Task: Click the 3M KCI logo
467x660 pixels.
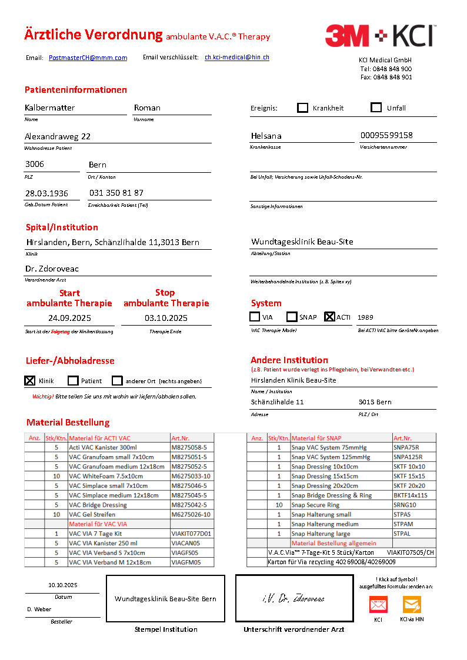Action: pyautogui.click(x=380, y=36)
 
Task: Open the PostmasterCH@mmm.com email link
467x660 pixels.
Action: pyautogui.click(x=88, y=58)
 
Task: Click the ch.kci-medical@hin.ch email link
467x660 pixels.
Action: pyautogui.click(x=237, y=57)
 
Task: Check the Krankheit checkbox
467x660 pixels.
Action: pyautogui.click(x=303, y=108)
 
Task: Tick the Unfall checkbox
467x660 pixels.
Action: pyautogui.click(x=376, y=108)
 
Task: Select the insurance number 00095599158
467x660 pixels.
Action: pyautogui.click(x=386, y=135)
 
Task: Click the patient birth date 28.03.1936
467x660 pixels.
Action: pyautogui.click(x=46, y=193)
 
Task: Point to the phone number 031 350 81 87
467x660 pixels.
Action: pyautogui.click(x=116, y=193)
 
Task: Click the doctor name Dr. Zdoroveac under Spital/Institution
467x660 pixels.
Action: pyautogui.click(x=52, y=269)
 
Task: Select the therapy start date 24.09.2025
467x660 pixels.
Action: pyautogui.click(x=69, y=318)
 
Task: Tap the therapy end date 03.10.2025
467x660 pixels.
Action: pyautogui.click(x=166, y=318)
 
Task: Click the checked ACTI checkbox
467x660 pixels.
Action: pyautogui.click(x=329, y=317)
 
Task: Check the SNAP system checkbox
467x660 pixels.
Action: pyautogui.click(x=292, y=317)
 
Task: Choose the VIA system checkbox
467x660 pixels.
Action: pyautogui.click(x=255, y=317)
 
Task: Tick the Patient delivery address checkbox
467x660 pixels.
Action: pyautogui.click(x=73, y=380)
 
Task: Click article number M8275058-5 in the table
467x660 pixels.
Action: pyautogui.click(x=191, y=447)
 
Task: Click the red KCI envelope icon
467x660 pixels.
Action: pyautogui.click(x=378, y=604)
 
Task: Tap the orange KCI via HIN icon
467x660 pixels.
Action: pyautogui.click(x=412, y=604)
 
